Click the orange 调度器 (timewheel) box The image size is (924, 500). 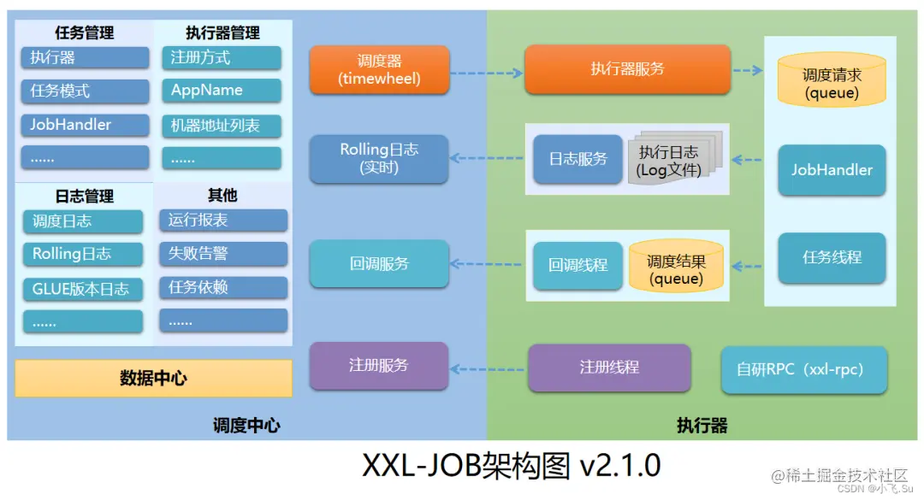[x=378, y=70]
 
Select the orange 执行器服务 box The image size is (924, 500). [x=627, y=69]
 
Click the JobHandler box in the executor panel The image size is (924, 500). [x=832, y=170]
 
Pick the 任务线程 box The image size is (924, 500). [x=832, y=257]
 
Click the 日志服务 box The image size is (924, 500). [x=577, y=159]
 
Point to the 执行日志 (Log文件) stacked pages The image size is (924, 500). [x=672, y=161]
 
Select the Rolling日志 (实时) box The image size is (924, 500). [x=378, y=159]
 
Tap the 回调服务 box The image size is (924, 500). [x=378, y=264]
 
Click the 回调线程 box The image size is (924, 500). [x=577, y=265]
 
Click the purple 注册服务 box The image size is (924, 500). [x=378, y=366]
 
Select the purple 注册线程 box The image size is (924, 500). [x=609, y=368]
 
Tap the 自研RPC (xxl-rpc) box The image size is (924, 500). [x=803, y=370]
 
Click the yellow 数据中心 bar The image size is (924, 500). [x=153, y=378]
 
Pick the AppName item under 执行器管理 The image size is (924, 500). [x=221, y=91]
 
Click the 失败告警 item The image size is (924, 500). [x=222, y=254]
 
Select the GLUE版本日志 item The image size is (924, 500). [x=82, y=289]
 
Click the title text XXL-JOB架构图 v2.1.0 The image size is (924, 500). [x=512, y=466]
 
